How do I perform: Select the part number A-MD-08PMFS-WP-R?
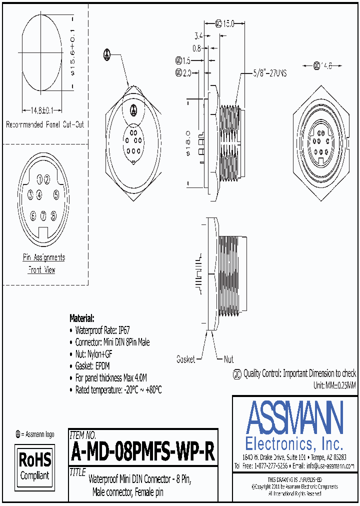click(x=143, y=453)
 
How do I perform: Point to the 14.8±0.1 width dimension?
click(x=39, y=110)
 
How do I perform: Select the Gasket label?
click(x=185, y=359)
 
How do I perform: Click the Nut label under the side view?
click(x=228, y=359)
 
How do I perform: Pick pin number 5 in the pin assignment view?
click(x=56, y=194)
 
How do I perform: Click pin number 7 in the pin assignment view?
click(x=43, y=215)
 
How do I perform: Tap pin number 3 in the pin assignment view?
click(x=30, y=194)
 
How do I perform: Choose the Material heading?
click(x=81, y=318)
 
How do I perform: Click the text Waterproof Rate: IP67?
click(x=102, y=330)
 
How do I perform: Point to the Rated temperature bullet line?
click(x=118, y=389)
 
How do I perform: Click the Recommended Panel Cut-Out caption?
click(x=44, y=124)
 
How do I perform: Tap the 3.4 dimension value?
click(x=198, y=36)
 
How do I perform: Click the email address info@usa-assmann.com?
click(x=330, y=465)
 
